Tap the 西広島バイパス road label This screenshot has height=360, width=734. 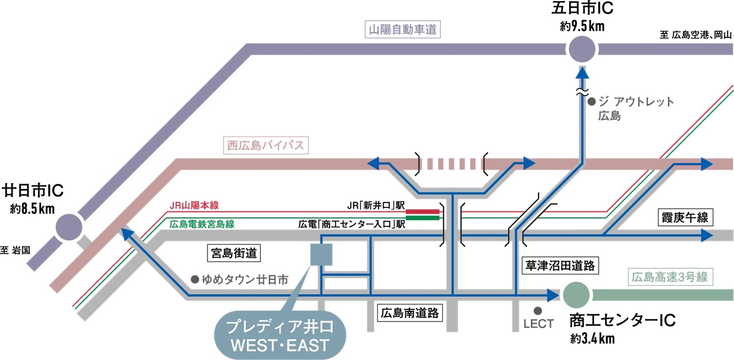(265, 146)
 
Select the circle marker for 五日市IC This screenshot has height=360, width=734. (583, 50)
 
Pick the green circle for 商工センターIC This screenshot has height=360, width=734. (576, 295)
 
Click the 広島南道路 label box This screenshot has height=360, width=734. (410, 313)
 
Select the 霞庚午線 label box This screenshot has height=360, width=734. (685, 218)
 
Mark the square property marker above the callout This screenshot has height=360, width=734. (321, 254)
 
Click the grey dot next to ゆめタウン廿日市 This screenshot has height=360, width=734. (195, 280)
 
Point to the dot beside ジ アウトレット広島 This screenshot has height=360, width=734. (592, 101)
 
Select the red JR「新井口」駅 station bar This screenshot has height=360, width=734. (423, 211)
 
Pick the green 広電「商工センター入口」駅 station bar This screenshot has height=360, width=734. (423, 217)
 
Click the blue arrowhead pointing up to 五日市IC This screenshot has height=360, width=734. (583, 72)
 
